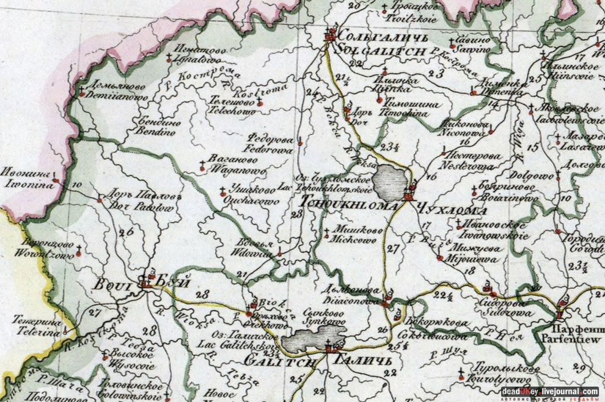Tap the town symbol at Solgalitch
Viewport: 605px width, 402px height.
[x=330, y=36]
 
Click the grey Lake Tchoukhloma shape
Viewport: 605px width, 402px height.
[x=392, y=181]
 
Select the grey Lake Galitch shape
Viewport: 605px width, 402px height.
[x=320, y=338]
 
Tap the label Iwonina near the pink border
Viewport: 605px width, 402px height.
[x=29, y=185]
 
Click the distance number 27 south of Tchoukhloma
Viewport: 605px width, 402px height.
[x=392, y=249]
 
